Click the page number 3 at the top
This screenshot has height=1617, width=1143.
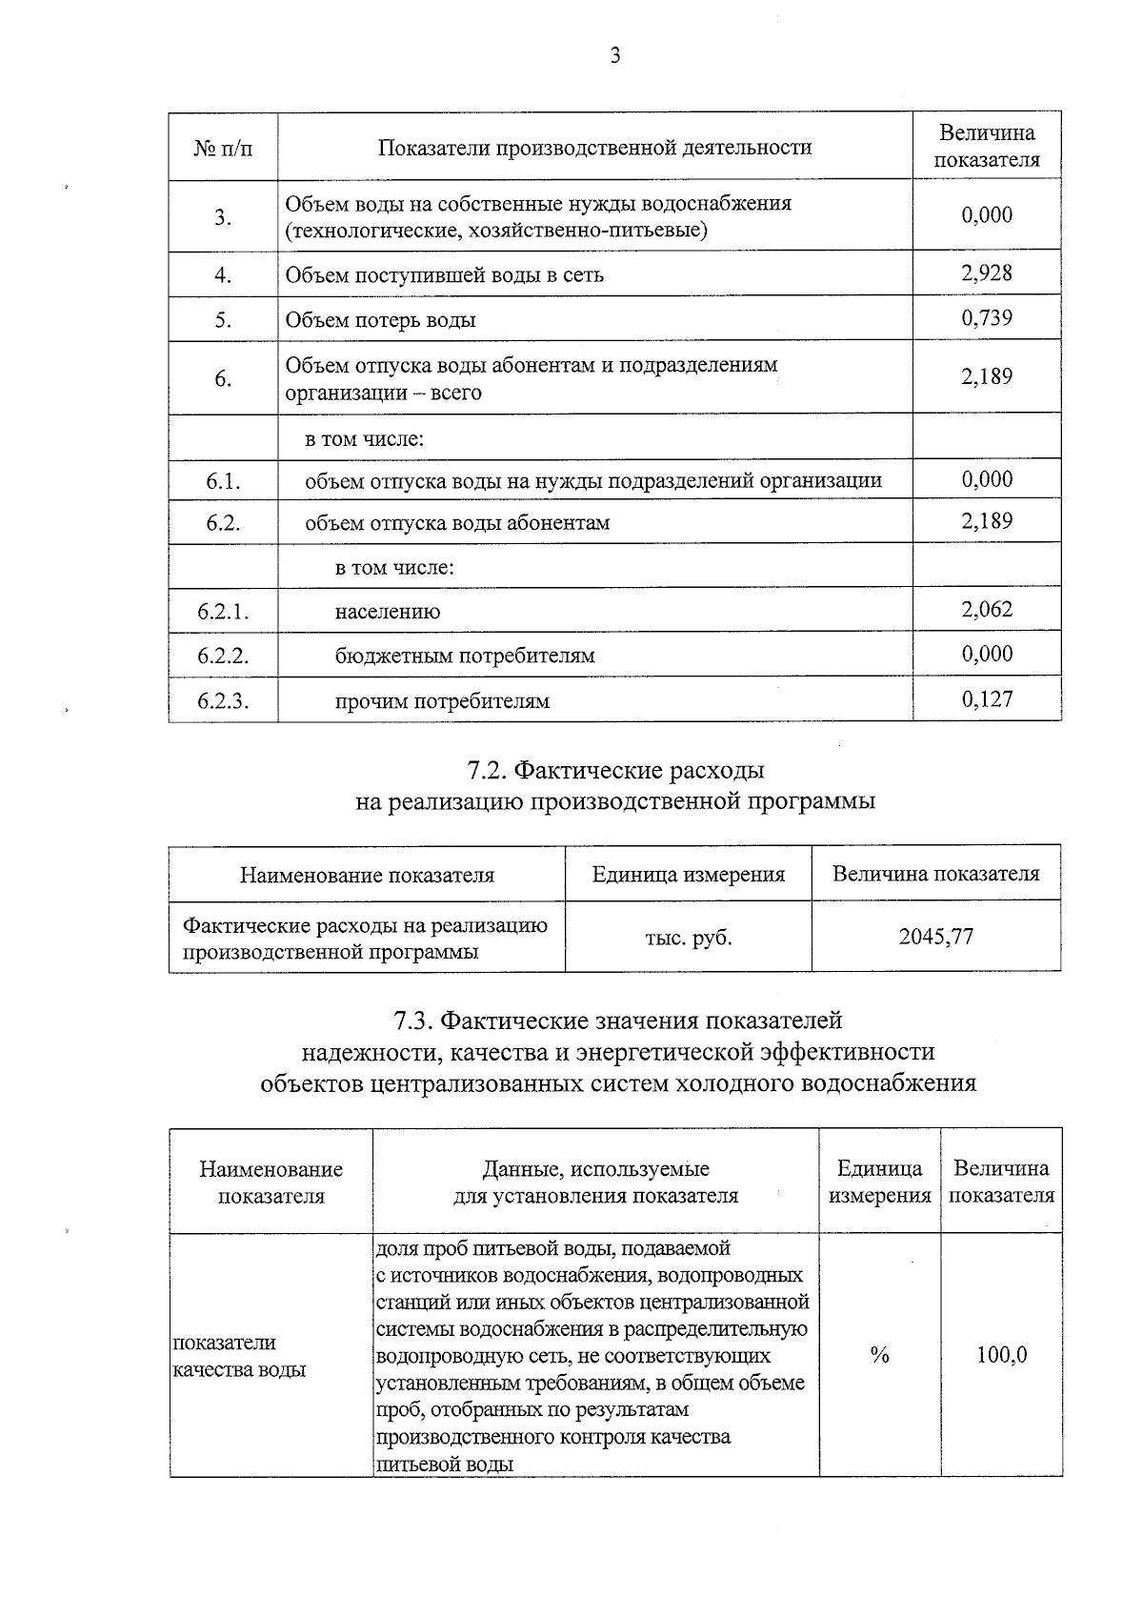coord(615,56)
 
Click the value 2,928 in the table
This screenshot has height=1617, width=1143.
coord(987,273)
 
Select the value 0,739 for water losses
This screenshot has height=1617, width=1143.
coord(987,317)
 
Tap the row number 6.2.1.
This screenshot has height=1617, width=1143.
coord(223,611)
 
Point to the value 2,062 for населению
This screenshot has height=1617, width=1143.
coord(987,609)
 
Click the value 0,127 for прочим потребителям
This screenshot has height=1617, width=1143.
coord(987,698)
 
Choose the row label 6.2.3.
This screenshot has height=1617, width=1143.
coord(223,701)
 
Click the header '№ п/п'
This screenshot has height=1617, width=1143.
coord(223,148)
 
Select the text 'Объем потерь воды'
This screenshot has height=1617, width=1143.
coord(380,320)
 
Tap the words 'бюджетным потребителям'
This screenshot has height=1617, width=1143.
coord(465,656)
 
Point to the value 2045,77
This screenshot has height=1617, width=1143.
coord(936,936)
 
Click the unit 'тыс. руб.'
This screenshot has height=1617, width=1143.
coord(689,937)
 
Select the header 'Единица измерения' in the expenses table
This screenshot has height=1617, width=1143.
coord(689,874)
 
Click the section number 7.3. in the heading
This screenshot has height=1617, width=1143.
coord(415,1021)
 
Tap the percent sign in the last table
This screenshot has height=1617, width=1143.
coord(879,1354)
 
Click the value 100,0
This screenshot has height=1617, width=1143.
coord(1002,1354)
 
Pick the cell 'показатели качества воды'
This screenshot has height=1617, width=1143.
coord(238,1356)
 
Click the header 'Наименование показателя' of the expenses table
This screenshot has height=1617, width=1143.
coord(367,874)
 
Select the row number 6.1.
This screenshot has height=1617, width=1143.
coord(223,481)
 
